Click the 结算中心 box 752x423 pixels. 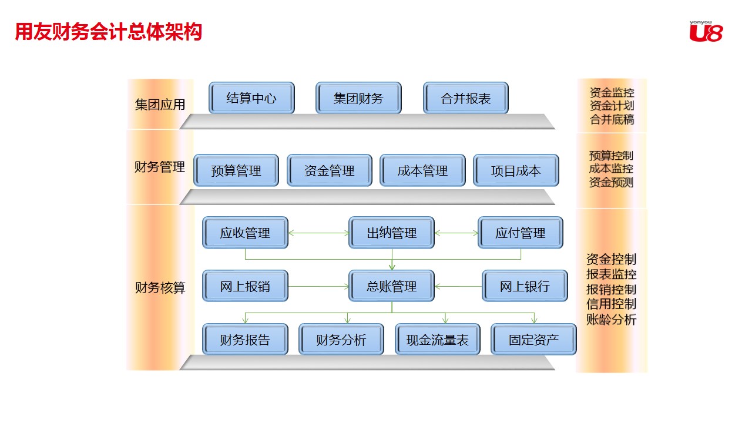tap(251, 98)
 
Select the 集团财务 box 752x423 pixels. tap(358, 98)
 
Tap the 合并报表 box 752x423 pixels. tap(465, 98)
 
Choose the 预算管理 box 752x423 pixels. tap(236, 170)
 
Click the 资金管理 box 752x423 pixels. tap(330, 170)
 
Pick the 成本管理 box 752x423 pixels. tap(422, 170)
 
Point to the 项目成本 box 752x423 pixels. tap(516, 170)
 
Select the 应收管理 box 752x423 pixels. tap(245, 233)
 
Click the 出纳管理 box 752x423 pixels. tap(392, 233)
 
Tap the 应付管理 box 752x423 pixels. tap(520, 233)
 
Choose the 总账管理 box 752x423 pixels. tap(392, 286)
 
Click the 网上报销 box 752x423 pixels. tap(245, 286)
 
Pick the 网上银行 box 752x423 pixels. tap(525, 286)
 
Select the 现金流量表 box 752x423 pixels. tap(438, 340)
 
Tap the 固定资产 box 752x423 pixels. tap(533, 340)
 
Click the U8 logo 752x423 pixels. tap(706, 32)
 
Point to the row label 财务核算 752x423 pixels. tap(160, 288)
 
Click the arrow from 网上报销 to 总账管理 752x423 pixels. tap(318, 287)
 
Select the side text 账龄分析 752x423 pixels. tap(611, 320)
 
